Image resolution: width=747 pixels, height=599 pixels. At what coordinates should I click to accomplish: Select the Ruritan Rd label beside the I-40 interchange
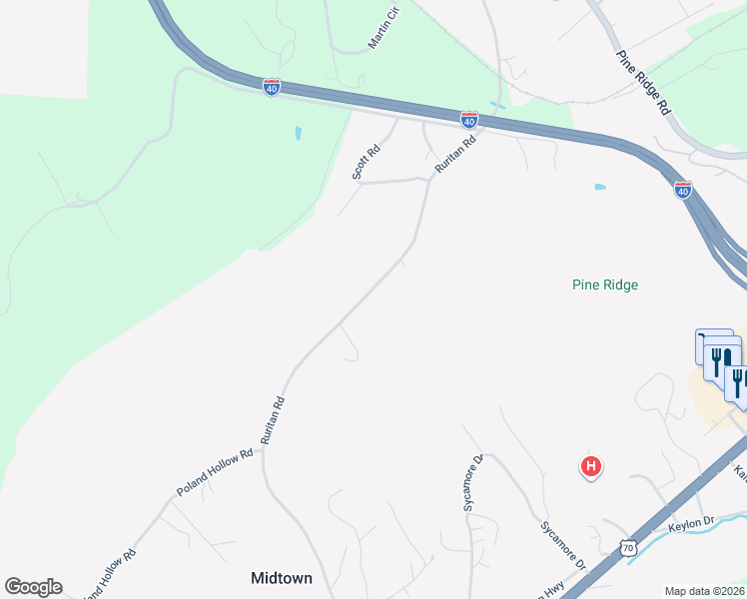pyautogui.click(x=455, y=156)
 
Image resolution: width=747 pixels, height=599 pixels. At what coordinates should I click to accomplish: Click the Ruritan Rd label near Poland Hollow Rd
pyautogui.click(x=273, y=420)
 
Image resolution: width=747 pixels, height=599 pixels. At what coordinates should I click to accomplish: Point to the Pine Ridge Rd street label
pyautogui.click(x=642, y=85)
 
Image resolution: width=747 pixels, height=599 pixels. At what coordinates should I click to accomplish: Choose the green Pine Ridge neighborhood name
pyautogui.click(x=605, y=285)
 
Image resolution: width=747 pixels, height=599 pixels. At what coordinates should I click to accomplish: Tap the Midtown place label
pyautogui.click(x=282, y=578)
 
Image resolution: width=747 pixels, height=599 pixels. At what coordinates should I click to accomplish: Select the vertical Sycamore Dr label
pyautogui.click(x=472, y=483)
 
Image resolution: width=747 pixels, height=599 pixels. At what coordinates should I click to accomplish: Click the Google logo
pyautogui.click(x=33, y=587)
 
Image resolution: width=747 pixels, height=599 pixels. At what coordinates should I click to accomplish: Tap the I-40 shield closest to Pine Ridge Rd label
pyautogui.click(x=683, y=189)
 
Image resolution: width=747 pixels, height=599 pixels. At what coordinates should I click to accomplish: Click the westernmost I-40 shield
pyautogui.click(x=272, y=87)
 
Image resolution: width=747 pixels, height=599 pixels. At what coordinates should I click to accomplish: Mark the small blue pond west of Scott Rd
pyautogui.click(x=298, y=133)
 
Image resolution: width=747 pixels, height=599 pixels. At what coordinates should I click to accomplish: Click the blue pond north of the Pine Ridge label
pyautogui.click(x=599, y=187)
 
